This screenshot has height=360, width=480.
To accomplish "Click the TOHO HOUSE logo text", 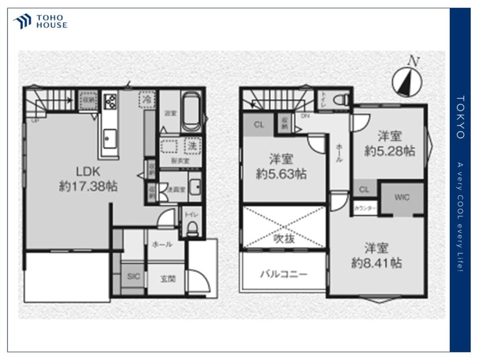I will tap(52, 22).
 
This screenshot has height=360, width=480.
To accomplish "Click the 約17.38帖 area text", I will tap(88, 187).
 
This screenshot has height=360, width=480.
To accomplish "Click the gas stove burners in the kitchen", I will tap(110, 102).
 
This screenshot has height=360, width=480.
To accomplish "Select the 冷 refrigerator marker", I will tap(148, 100).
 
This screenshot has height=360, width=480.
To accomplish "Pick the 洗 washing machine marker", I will tap(192, 145).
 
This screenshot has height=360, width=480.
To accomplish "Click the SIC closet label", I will tap(133, 276).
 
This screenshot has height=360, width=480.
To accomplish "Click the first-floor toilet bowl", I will tap(192, 228).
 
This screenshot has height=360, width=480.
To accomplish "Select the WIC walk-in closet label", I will tap(402, 197).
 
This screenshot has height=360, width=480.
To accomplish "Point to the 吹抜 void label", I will tap(284, 239).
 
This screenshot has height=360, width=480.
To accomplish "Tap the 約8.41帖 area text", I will tap(376, 264).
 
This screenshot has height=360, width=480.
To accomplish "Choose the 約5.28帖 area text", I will tap(389, 151).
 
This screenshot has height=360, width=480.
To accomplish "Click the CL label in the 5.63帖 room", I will tap(259, 125).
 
